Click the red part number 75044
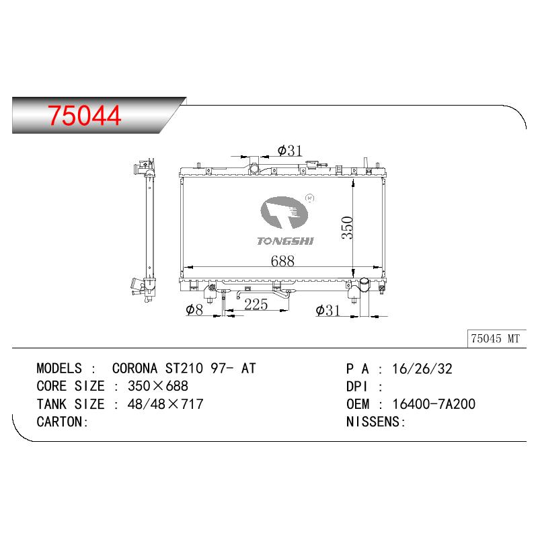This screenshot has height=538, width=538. [85, 115]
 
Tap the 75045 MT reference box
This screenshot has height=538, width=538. [496, 339]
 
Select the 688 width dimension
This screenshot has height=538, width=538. [282, 261]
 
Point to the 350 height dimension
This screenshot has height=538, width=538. [347, 227]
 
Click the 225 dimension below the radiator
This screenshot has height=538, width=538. [256, 305]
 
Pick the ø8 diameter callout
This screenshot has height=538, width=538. [194, 309]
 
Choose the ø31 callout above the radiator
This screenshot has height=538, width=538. [290, 150]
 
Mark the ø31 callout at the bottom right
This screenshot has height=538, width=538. [328, 310]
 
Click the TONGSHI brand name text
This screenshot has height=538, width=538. [285, 241]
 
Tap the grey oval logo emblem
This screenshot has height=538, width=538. [284, 213]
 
